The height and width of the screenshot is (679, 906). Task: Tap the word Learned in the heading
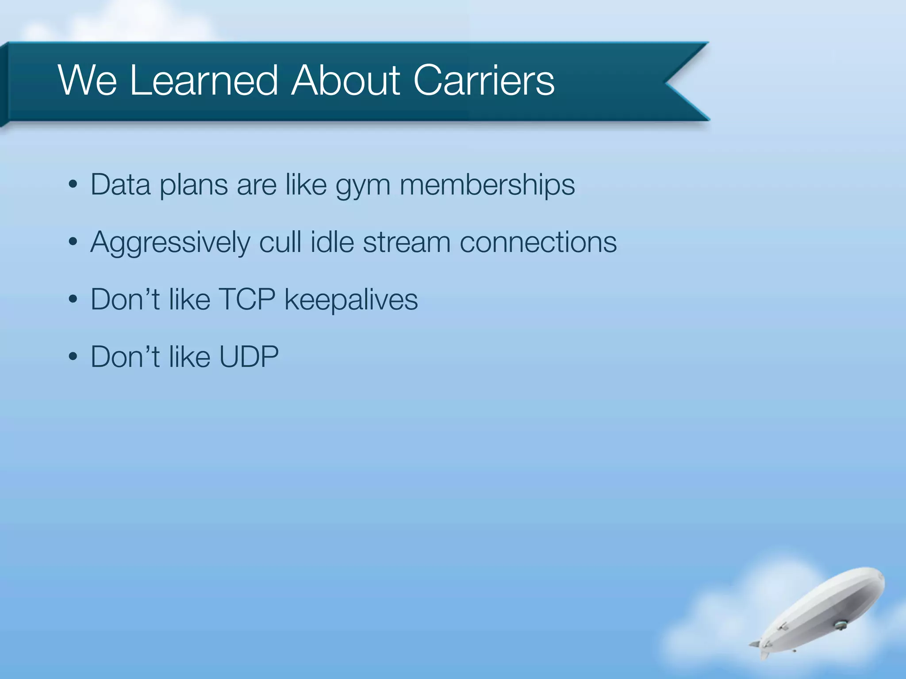pyautogui.click(x=204, y=80)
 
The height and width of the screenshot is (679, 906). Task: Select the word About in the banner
pyautogui.click(x=346, y=80)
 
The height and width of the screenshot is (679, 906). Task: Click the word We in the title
pyautogui.click(x=87, y=80)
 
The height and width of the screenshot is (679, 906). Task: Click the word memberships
pyautogui.click(x=487, y=184)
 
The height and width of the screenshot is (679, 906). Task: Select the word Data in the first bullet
pyautogui.click(x=120, y=184)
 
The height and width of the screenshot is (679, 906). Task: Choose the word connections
pyautogui.click(x=538, y=243)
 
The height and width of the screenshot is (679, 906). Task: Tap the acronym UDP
pyautogui.click(x=249, y=357)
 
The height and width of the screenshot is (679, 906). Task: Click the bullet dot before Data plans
pyautogui.click(x=73, y=185)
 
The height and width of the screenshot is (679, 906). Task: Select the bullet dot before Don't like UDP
pyautogui.click(x=73, y=357)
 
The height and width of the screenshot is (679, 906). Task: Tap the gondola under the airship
pyautogui.click(x=840, y=625)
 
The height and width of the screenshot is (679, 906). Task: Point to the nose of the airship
pyautogui.click(x=881, y=577)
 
